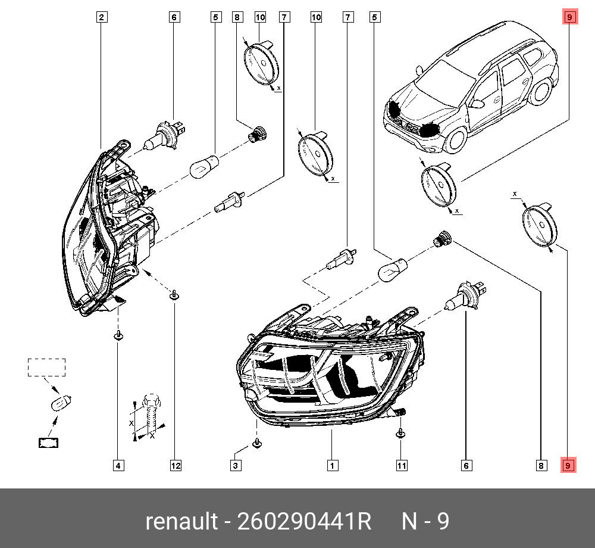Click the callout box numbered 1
(x=331, y=465)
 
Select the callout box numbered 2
(x=102, y=18)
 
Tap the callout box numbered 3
(x=236, y=465)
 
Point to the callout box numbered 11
(x=402, y=465)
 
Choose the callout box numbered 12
(x=176, y=465)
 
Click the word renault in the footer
(x=181, y=522)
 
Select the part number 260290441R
(x=304, y=522)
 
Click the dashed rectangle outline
(x=46, y=368)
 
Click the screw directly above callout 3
(x=256, y=443)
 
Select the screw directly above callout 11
(x=401, y=432)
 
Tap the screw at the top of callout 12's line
(x=174, y=295)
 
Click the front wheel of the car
(x=456, y=138)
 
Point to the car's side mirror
(x=477, y=103)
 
